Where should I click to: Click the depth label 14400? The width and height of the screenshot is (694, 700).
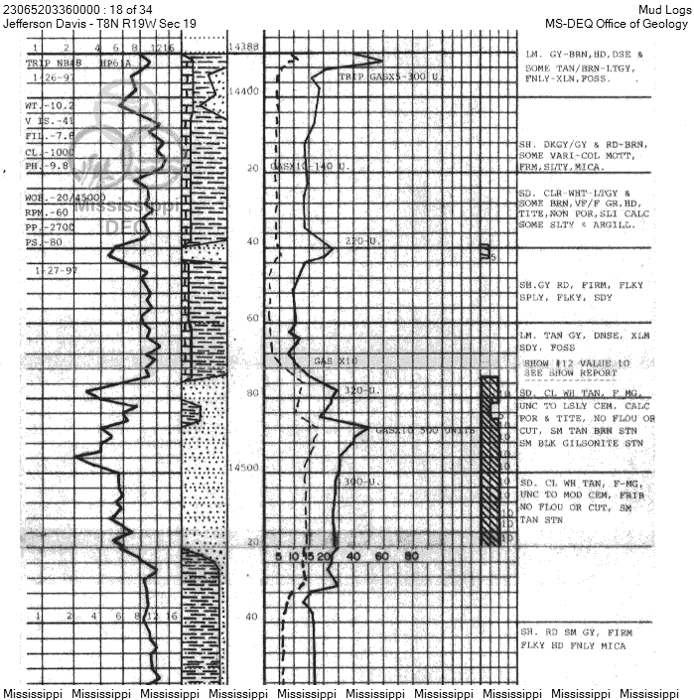tap(245, 91)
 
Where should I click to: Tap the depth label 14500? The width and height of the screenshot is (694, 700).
tap(245, 468)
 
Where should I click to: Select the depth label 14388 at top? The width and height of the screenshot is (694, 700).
tap(244, 47)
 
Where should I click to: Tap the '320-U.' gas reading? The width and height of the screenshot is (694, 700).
tap(359, 391)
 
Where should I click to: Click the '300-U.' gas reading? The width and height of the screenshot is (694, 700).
tap(358, 482)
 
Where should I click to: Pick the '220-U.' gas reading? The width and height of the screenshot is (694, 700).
tap(359, 241)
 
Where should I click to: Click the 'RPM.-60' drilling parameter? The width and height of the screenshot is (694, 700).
tap(49, 211)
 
